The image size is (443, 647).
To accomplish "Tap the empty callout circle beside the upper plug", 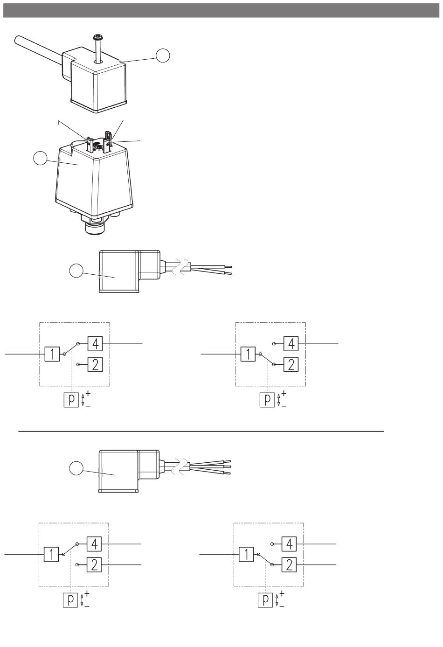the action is pos(163,55).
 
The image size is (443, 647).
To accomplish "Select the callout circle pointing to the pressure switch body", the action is pos(40,158).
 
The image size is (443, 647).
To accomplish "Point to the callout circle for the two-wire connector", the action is pos(76,271).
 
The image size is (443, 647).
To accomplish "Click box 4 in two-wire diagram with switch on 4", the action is pos(95,344).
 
